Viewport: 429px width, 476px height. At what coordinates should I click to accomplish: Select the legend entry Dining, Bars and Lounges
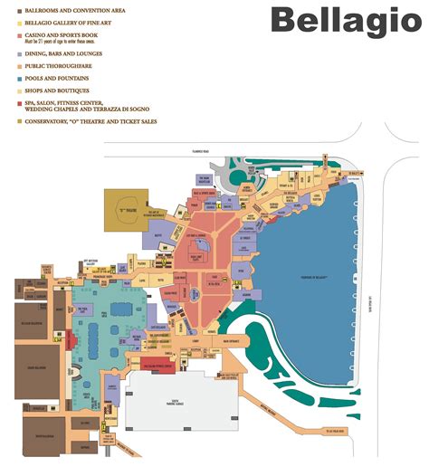tap(56, 52)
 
